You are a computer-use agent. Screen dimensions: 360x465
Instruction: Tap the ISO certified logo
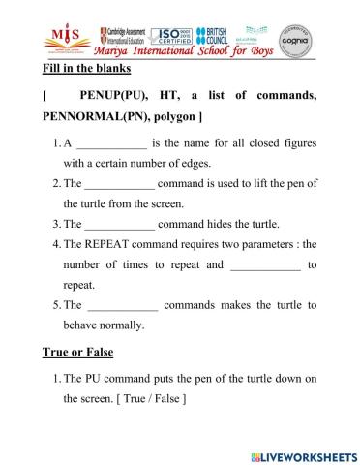pyautogui.click(x=173, y=35)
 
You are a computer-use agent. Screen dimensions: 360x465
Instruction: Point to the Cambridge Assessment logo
pyautogui.click(x=123, y=36)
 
